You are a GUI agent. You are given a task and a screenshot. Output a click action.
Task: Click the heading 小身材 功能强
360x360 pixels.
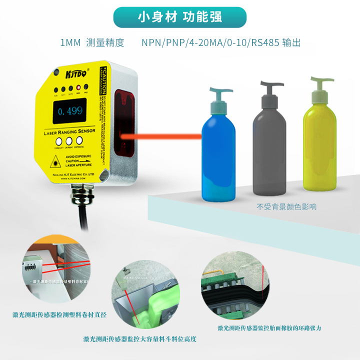coord(179,17)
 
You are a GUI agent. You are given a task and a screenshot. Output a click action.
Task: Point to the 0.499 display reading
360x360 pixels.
coord(69,111)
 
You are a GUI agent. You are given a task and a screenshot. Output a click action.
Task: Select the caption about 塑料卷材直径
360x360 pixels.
coord(59,314)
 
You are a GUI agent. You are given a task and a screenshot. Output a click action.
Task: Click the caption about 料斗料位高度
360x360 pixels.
coord(139,338)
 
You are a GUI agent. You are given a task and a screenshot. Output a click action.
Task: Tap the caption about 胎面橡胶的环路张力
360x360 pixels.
coord(269,328)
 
